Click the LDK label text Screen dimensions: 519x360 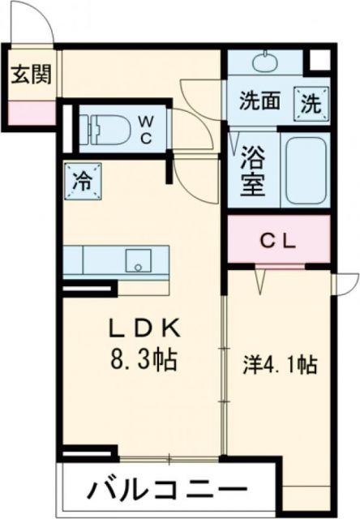145,330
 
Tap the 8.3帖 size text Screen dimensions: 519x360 145,357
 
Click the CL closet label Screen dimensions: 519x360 279,240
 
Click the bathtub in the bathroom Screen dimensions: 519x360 306,169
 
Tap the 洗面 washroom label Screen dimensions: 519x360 259,103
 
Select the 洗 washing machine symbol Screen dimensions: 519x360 311,102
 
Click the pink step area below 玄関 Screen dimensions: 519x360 32,111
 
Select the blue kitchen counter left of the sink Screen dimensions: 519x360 93,260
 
